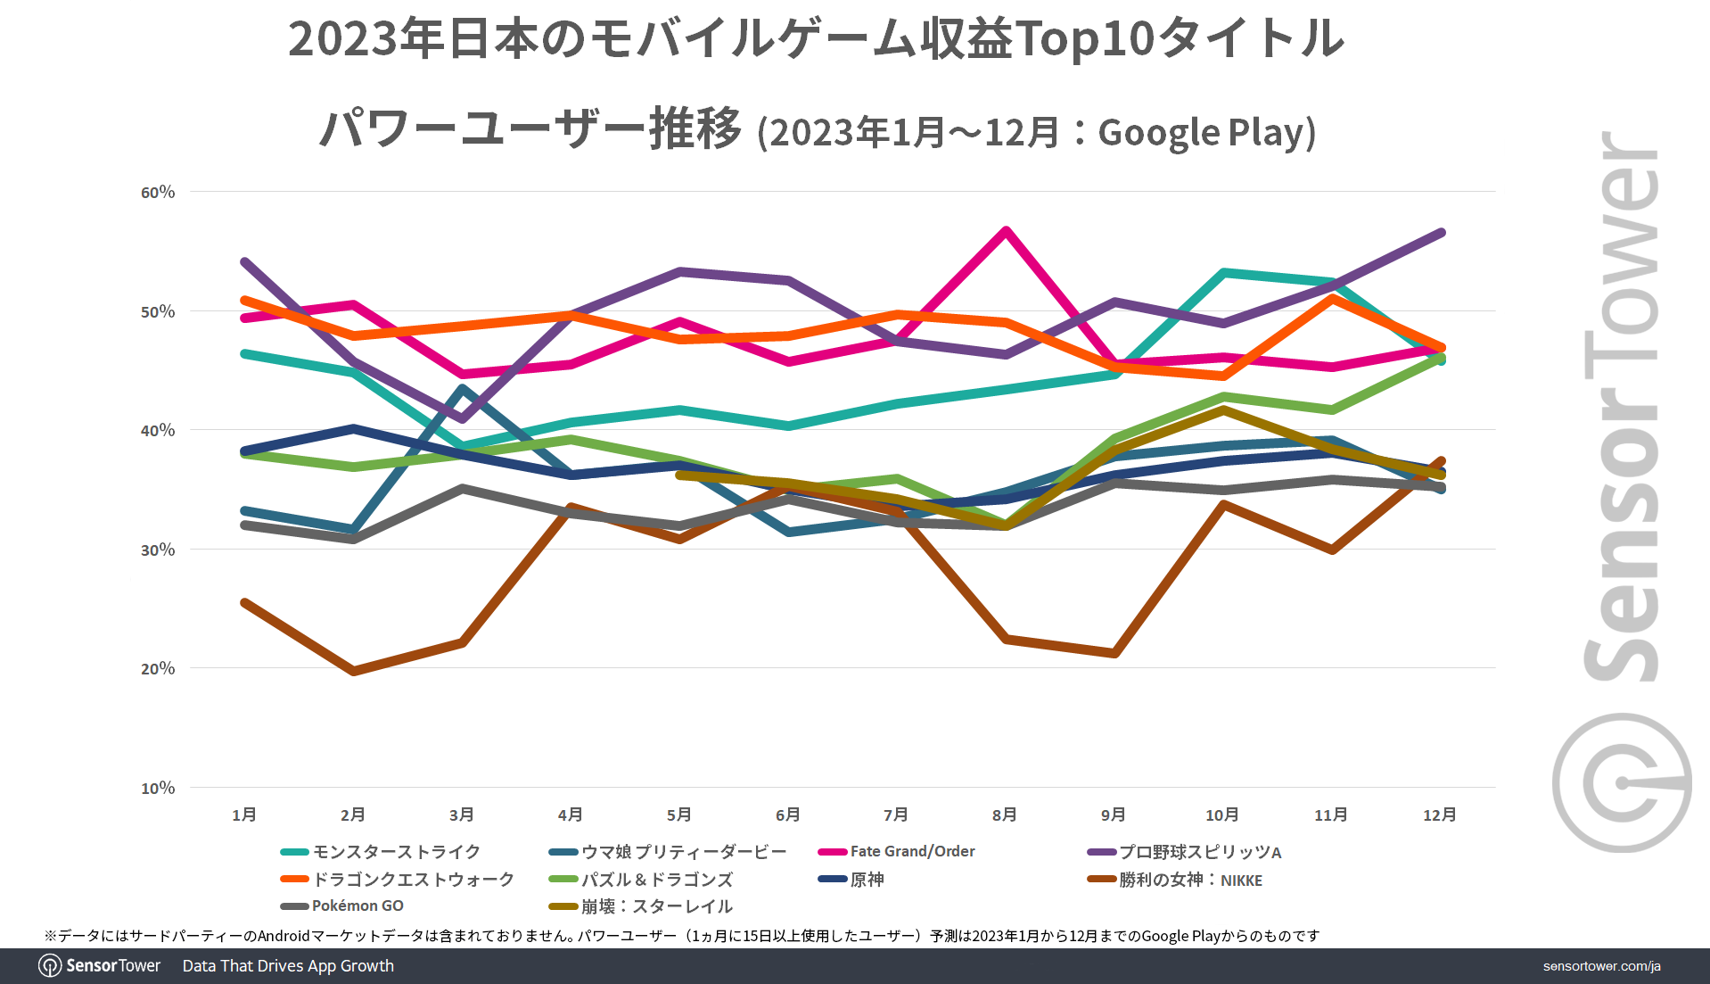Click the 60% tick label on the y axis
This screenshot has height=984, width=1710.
pos(158,192)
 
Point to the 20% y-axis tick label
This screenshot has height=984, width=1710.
pos(158,668)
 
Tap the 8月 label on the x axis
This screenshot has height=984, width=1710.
pos(1005,814)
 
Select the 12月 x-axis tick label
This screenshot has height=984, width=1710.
pos(1440,814)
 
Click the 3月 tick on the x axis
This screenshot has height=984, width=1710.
pos(462,814)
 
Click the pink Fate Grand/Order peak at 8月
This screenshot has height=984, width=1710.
pos(1006,231)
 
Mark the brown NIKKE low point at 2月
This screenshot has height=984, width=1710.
pos(354,671)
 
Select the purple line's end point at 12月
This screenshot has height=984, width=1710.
pos(1441,233)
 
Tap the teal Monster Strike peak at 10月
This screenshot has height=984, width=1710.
pos(1224,272)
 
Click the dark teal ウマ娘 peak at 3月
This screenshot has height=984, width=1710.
pos(462,388)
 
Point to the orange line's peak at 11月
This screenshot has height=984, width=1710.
pos(1332,298)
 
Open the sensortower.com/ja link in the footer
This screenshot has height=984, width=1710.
pos(1601,966)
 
